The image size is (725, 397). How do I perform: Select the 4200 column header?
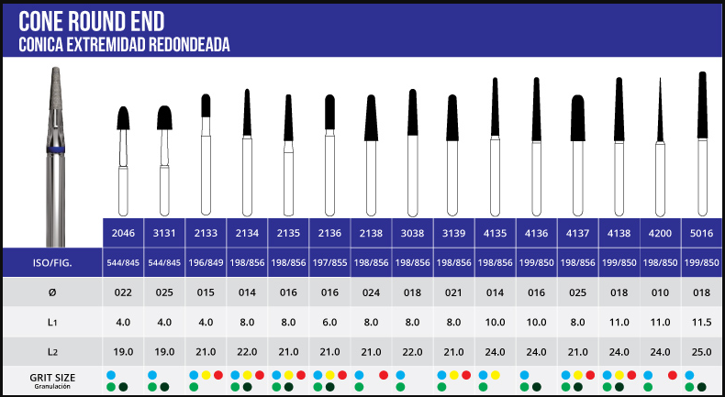click(x=661, y=232)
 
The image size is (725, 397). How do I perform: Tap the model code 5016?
click(x=702, y=232)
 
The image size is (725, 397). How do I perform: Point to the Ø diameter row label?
click(x=52, y=292)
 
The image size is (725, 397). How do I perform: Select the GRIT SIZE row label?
click(x=51, y=378)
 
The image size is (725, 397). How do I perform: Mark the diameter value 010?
click(x=661, y=292)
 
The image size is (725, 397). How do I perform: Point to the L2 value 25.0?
click(x=702, y=350)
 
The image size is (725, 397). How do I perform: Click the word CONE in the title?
click(x=42, y=21)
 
